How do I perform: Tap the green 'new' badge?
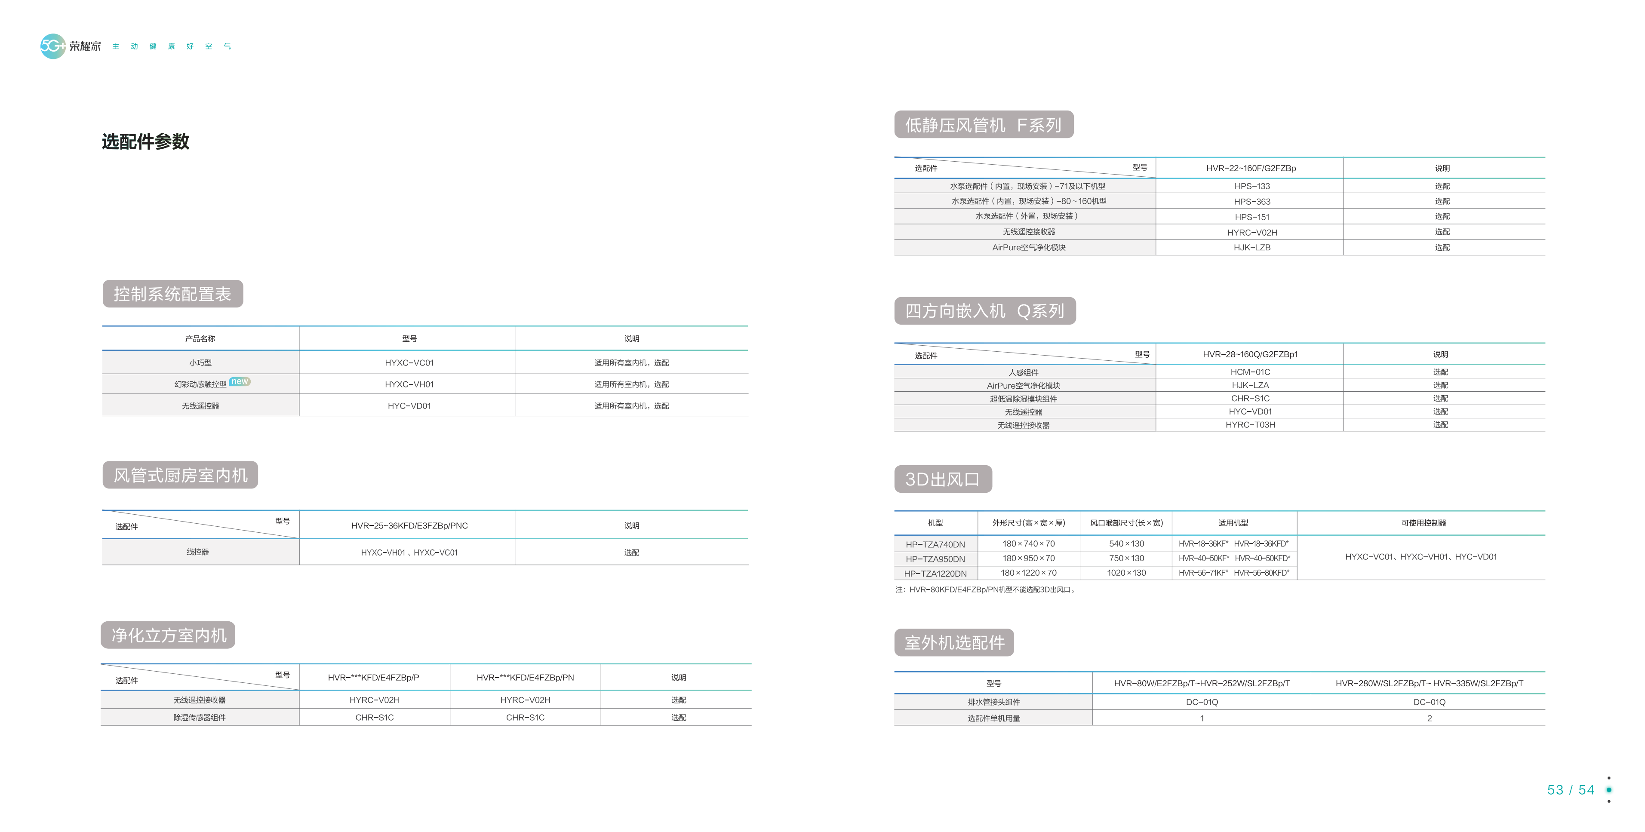coord(240,381)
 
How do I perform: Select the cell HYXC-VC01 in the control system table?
coord(409,362)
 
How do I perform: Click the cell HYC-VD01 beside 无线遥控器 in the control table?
coord(409,406)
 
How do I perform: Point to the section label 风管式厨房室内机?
coord(180,475)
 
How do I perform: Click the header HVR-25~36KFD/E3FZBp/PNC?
coord(409,525)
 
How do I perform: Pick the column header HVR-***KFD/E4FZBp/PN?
coord(525,678)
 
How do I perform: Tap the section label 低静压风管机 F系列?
coord(984,125)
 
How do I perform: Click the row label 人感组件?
coord(1024,372)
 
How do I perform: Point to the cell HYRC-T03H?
coord(1250,425)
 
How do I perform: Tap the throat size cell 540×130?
coord(1126,544)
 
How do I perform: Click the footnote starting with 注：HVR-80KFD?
coord(986,590)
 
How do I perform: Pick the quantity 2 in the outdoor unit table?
coord(1429,718)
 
